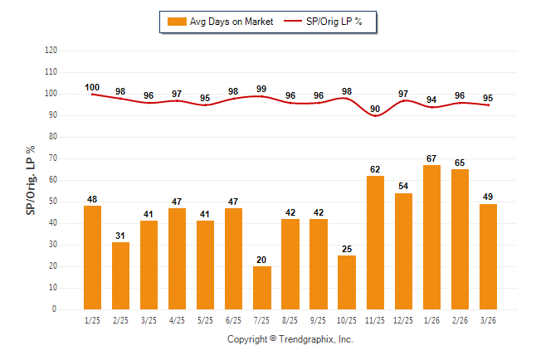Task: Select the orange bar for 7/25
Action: tap(262, 287)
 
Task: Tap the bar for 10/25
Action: tap(347, 282)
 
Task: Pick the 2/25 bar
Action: tap(120, 275)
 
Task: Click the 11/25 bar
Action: tap(375, 242)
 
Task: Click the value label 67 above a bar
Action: tap(431, 158)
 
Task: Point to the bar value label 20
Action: tap(262, 260)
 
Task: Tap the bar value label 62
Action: tap(375, 169)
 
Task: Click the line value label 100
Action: tap(92, 87)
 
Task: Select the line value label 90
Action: tap(375, 109)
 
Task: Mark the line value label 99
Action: tap(262, 89)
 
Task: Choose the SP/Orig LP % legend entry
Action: tap(324, 22)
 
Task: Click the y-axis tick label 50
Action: tap(52, 202)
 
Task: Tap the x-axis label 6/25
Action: tap(234, 319)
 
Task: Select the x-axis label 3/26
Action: tap(488, 319)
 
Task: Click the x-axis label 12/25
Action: tap(403, 319)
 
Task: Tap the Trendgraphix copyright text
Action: tap(290, 339)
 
